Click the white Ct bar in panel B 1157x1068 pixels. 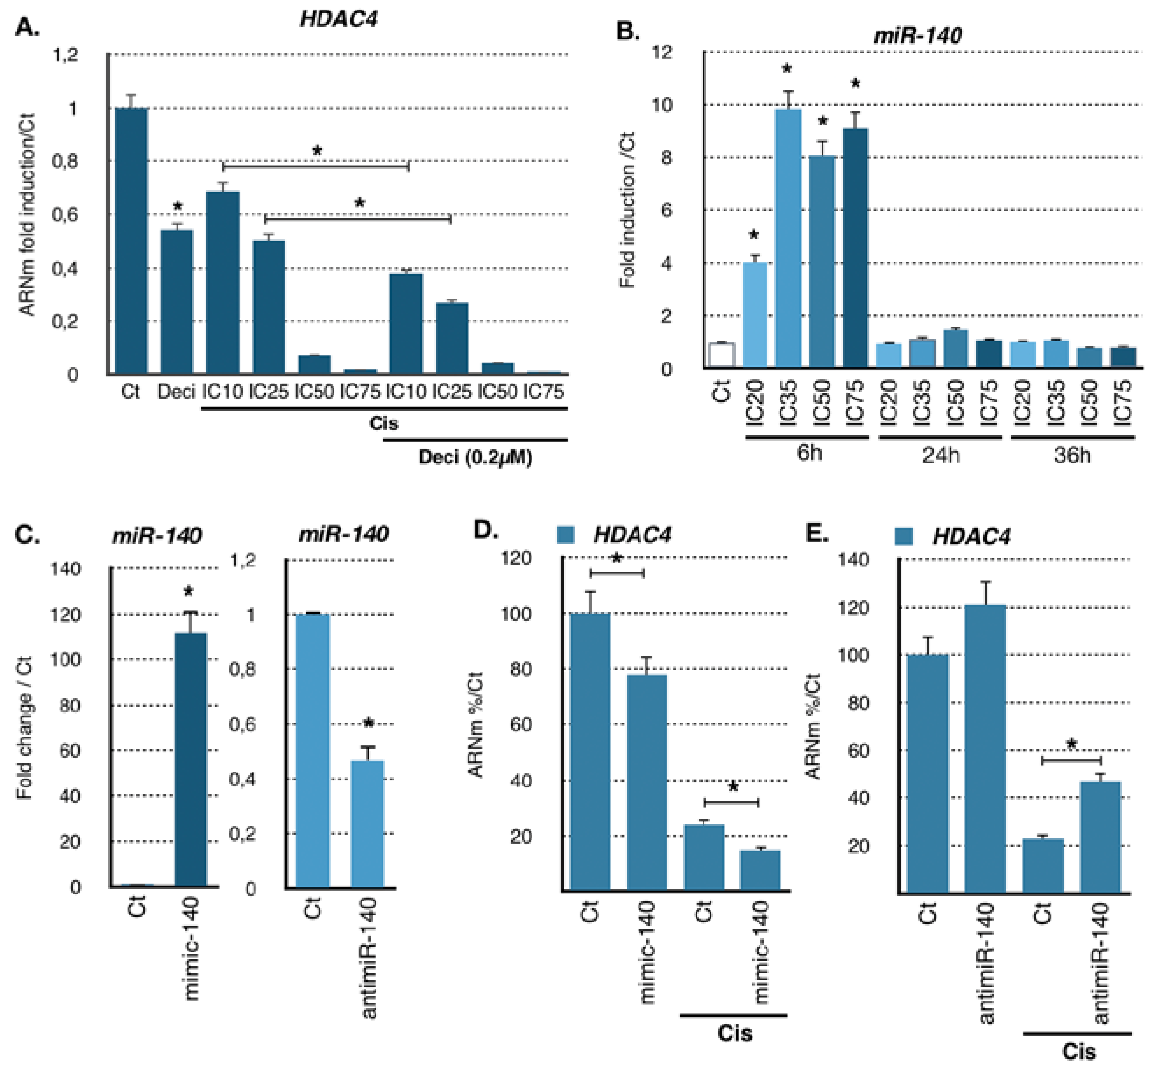pos(721,355)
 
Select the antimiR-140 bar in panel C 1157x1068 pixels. pos(367,823)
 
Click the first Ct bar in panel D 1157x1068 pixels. pos(590,751)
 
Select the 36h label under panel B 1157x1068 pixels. pos(1072,456)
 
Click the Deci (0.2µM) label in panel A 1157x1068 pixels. pos(475,457)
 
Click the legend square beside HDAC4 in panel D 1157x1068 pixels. pos(565,534)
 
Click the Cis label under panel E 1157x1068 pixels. pos(1079,1050)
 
